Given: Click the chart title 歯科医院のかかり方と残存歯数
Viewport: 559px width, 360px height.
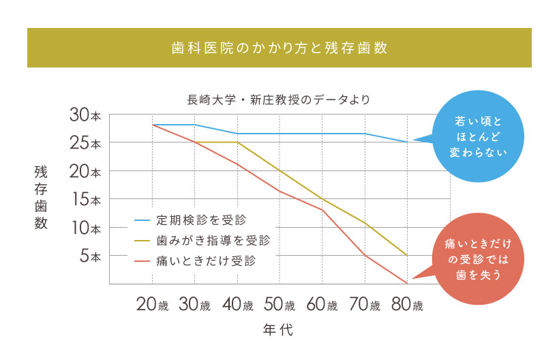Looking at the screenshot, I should (x=279, y=48).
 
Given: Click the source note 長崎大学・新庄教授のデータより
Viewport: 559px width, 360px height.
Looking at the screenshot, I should (x=279, y=100).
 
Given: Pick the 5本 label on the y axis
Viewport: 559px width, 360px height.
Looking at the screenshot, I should (x=89, y=256).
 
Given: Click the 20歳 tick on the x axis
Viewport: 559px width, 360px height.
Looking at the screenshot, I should (x=152, y=305).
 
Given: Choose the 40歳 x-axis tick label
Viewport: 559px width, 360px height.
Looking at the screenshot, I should (x=237, y=305).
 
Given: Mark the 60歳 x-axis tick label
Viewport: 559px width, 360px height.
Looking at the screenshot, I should (x=322, y=305).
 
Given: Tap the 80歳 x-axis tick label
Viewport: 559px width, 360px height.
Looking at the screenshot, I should (x=406, y=305).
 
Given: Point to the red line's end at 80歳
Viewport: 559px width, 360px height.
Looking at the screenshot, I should (x=407, y=283).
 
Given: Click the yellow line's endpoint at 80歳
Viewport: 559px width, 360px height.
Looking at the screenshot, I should (x=407, y=256).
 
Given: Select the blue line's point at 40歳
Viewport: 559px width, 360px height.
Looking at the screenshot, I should (x=237, y=134).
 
